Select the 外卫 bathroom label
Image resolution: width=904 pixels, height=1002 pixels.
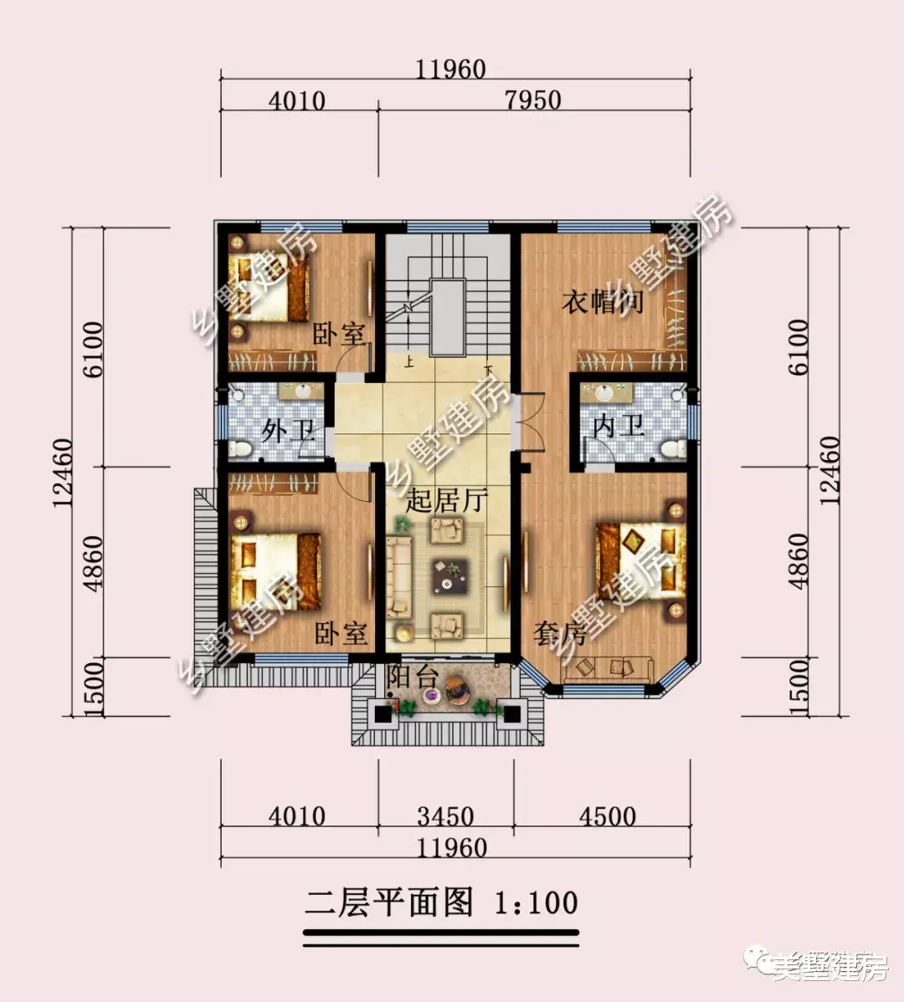pos(286,432)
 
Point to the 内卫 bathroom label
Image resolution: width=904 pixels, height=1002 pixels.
pos(619,427)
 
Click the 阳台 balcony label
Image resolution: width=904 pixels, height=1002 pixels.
pos(413,677)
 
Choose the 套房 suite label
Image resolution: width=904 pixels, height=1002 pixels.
pos(558,635)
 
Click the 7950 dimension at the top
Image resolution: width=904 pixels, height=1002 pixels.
pos(533,100)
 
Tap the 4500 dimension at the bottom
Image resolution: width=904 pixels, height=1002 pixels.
pos(607,815)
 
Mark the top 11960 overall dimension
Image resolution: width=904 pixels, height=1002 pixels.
pos(451,69)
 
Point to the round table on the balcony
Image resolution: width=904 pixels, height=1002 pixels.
pos(457,693)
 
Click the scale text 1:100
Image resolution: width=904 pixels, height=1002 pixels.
pos(536,903)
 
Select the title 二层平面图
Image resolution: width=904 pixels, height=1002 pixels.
pos(389,903)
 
